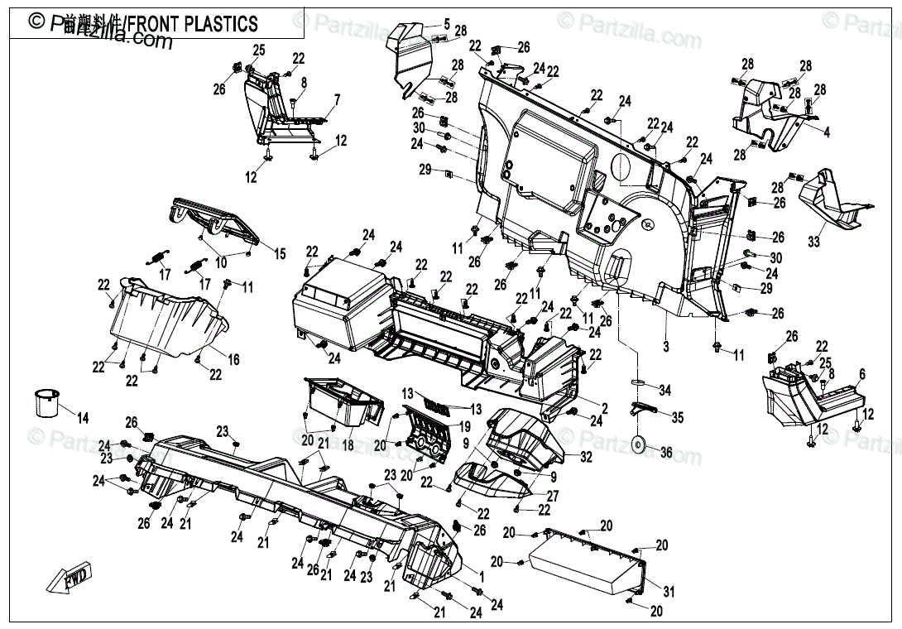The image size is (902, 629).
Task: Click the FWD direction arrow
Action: click(70, 577)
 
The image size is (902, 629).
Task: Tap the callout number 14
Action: click(82, 416)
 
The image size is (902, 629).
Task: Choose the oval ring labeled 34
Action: click(639, 382)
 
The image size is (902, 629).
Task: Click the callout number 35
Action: click(678, 418)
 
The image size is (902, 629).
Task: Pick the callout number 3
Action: click(665, 348)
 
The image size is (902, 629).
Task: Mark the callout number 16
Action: click(234, 358)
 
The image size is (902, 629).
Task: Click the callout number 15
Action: click(280, 253)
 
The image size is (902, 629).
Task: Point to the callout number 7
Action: click(337, 99)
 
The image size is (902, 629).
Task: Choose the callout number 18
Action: click(347, 445)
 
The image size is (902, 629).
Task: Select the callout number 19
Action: click(465, 427)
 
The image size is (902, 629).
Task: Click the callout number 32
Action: click(587, 456)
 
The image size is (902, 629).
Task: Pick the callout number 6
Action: click(862, 374)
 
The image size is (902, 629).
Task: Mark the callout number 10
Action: click(220, 263)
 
